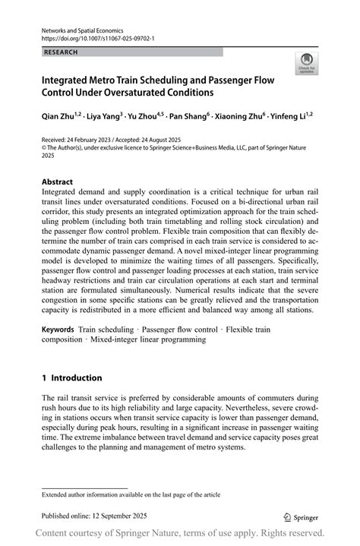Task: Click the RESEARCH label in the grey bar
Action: [62, 52]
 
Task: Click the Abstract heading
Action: [58, 182]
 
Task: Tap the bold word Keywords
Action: [58, 331]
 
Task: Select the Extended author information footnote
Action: [131, 494]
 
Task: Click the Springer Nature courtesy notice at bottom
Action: [180, 534]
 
